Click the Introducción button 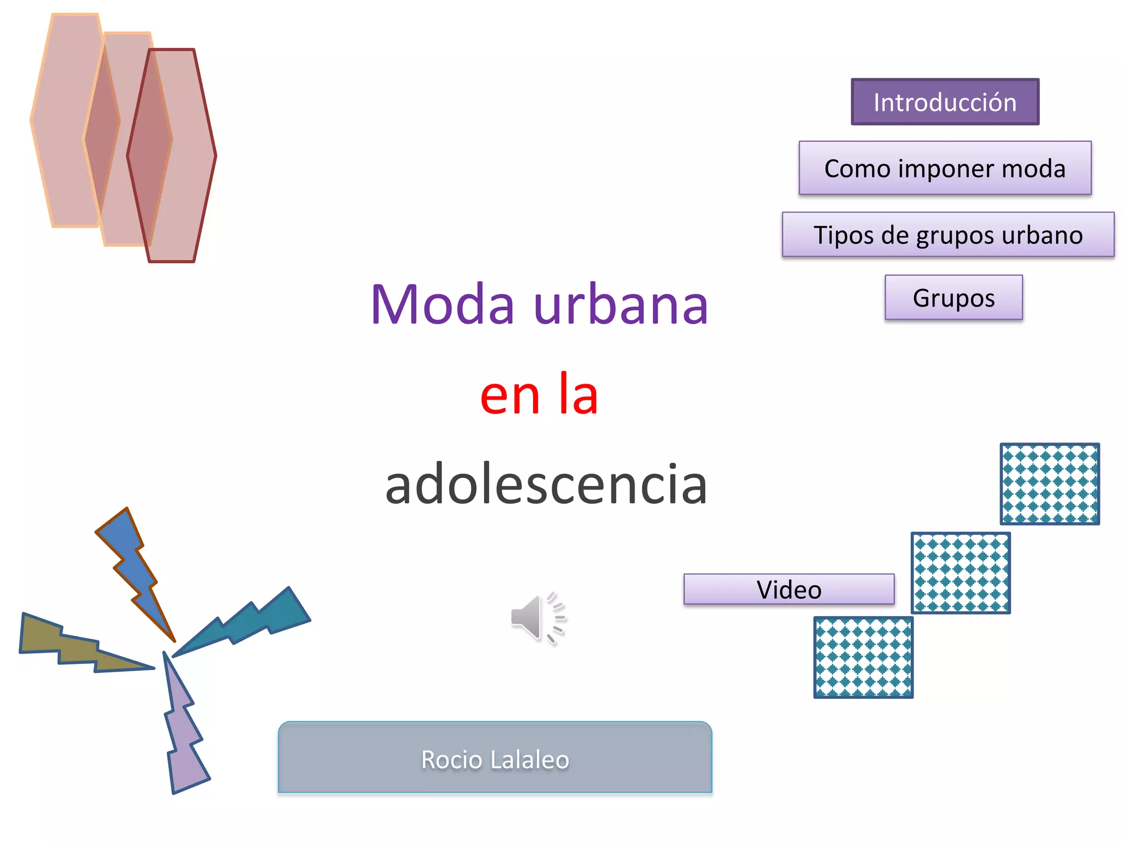(x=945, y=102)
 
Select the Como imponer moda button (x=945, y=168)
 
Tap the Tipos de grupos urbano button (x=948, y=235)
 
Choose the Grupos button (x=954, y=298)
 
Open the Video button (x=789, y=589)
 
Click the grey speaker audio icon (x=536, y=618)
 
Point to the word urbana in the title (x=621, y=305)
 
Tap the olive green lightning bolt (x=71, y=644)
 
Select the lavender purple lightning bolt (x=184, y=735)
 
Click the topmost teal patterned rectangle (x=1050, y=483)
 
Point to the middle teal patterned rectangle (x=961, y=573)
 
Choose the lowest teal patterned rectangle (x=863, y=657)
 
